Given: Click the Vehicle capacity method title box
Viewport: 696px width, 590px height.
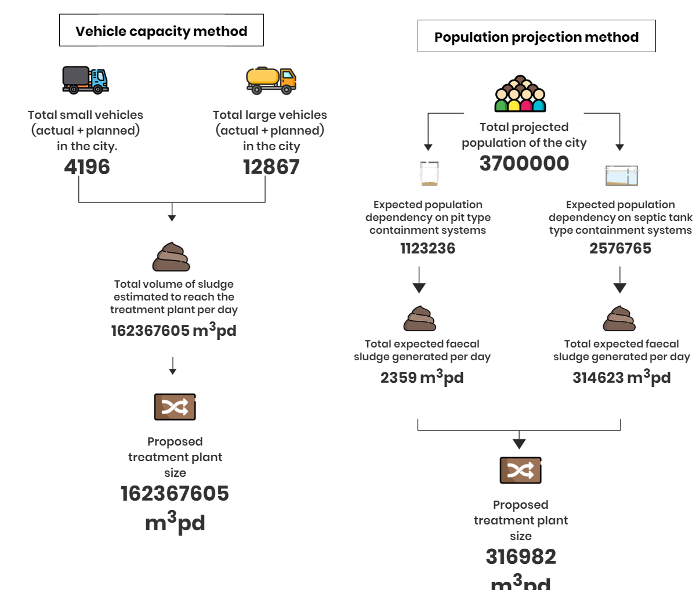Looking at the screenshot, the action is (161, 30).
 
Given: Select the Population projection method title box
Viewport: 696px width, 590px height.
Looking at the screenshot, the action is (536, 36).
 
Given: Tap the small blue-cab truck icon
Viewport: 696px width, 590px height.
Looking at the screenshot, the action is (85, 80).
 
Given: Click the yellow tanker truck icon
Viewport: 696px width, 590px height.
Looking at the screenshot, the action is (271, 81).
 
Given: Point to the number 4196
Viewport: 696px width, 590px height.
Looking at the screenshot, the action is (87, 166).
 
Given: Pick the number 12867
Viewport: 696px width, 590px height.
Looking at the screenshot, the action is (271, 166).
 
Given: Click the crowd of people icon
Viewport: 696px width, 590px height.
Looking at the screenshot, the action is (520, 93).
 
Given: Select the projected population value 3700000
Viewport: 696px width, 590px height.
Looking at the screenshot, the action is (524, 163).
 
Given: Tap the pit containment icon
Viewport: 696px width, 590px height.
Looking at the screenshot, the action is (429, 173).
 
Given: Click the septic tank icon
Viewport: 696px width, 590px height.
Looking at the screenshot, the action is (622, 175).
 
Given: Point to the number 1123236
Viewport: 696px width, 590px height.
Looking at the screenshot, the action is (427, 248).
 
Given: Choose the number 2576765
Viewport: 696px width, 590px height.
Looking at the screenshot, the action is (620, 248).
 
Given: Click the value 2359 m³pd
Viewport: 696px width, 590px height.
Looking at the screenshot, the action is (422, 377).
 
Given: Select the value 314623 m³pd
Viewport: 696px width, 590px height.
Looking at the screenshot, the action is (622, 377).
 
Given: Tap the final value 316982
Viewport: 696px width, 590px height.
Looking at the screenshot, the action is (521, 556).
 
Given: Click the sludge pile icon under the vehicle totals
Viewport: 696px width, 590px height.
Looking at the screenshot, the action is (172, 256).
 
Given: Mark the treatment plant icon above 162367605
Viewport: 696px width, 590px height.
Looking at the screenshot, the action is (175, 407).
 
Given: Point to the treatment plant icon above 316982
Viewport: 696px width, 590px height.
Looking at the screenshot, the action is (521, 470).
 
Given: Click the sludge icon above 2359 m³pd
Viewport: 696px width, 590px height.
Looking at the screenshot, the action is (419, 318).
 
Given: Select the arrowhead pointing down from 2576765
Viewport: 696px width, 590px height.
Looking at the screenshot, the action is (620, 288).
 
